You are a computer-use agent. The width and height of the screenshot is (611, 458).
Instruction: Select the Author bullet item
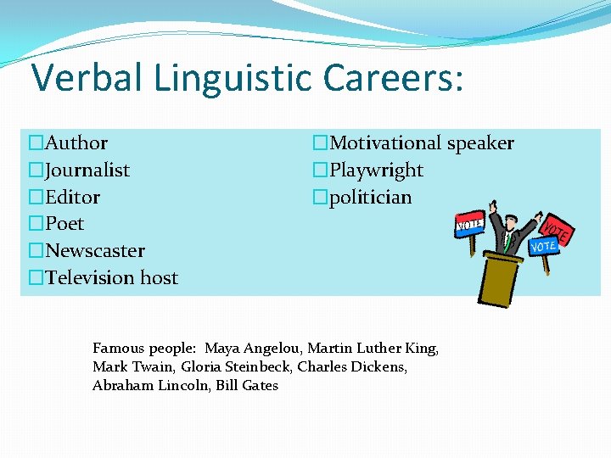tap(76, 143)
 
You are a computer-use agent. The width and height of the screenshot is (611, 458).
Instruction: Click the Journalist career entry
tap(87, 170)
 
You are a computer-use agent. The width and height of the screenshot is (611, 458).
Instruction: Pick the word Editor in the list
tap(72, 198)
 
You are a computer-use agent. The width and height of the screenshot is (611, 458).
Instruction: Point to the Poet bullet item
tap(64, 224)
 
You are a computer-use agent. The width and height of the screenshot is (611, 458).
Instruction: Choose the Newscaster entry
tap(94, 251)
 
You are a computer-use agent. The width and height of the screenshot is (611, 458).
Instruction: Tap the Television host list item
tap(111, 278)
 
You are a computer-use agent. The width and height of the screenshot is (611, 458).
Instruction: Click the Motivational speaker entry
tap(421, 143)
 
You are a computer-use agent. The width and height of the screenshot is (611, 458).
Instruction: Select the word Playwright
tap(376, 170)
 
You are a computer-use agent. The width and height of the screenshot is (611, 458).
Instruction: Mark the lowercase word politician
tap(370, 198)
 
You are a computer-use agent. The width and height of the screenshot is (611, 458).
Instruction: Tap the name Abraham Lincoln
tap(149, 386)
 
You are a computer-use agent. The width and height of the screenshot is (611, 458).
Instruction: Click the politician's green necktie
tap(507, 241)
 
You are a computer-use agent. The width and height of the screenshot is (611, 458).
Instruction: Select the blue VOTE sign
tap(543, 246)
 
